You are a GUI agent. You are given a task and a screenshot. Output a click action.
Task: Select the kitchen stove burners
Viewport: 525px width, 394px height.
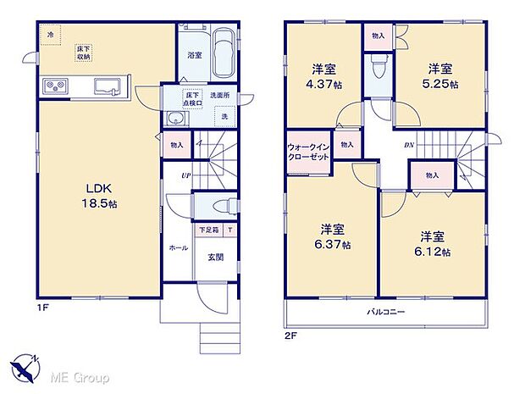56,86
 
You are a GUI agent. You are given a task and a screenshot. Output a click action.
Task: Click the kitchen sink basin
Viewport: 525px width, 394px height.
108,86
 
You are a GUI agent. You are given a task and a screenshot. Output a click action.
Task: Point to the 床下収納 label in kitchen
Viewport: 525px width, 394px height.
85,53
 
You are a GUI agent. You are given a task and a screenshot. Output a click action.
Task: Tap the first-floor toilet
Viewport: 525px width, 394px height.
221,206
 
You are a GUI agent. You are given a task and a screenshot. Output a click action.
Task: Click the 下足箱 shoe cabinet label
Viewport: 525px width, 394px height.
208,230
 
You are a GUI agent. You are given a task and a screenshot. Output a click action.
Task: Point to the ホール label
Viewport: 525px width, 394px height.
179,248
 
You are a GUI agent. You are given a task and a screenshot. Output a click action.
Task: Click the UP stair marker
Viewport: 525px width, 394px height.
185,175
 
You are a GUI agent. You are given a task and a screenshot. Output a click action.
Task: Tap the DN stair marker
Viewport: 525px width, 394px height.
408,143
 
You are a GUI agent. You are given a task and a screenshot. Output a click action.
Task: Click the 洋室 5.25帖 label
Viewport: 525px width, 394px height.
441,76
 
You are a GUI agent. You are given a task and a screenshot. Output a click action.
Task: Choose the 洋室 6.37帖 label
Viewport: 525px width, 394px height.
331,236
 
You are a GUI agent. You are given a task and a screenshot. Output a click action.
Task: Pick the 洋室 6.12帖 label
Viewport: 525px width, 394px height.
432,244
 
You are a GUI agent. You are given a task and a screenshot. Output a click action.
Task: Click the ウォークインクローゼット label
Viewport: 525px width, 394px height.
307,151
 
